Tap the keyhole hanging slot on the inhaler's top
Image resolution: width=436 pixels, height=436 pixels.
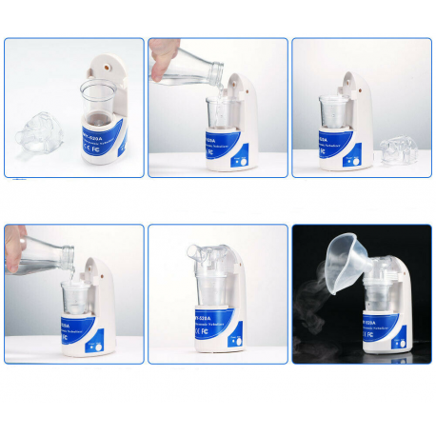click(x=105, y=67)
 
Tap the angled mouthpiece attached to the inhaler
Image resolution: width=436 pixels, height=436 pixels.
click(x=202, y=253)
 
